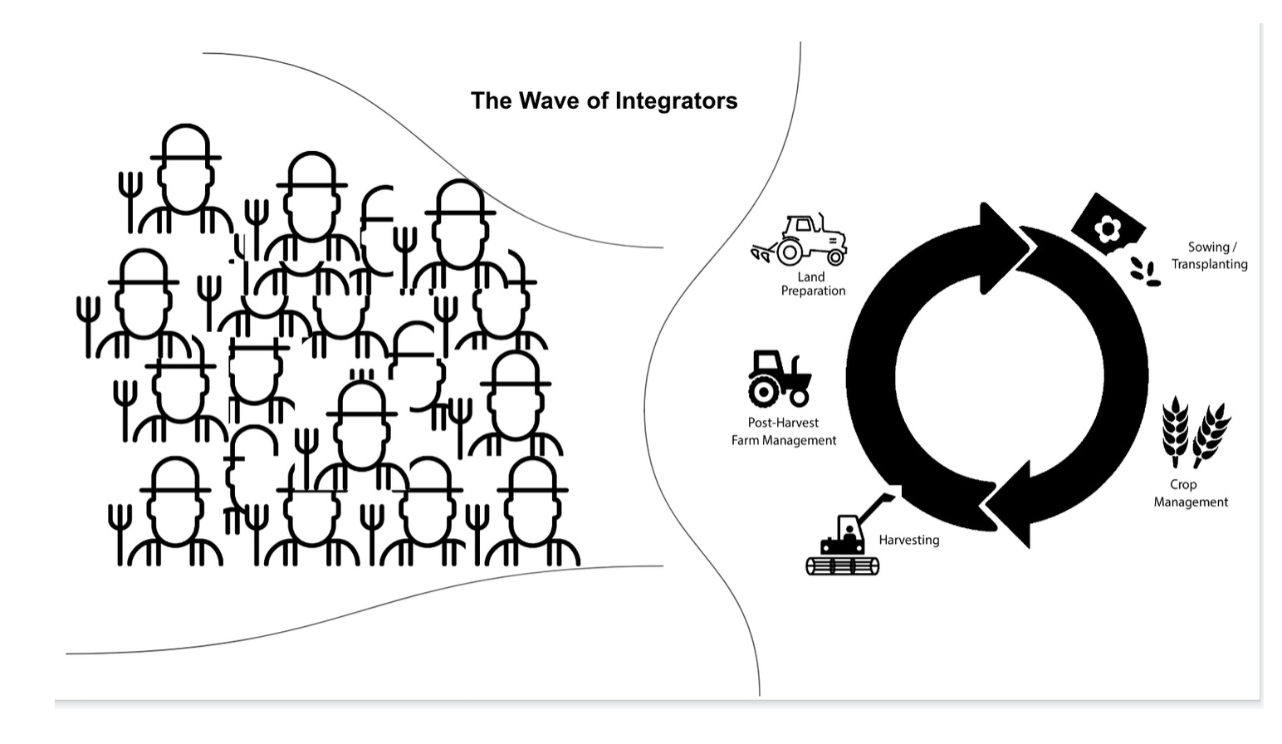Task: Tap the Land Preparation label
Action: (x=813, y=284)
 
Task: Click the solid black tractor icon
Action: (x=778, y=379)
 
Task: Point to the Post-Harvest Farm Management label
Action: (x=783, y=432)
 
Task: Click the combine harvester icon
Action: (x=847, y=540)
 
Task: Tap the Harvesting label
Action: (x=909, y=540)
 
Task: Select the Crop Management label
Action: (x=1190, y=493)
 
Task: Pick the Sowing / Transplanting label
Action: (x=1210, y=256)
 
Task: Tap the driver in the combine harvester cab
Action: (x=849, y=531)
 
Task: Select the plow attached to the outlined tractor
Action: (x=762, y=252)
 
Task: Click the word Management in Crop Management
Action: (x=1191, y=502)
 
